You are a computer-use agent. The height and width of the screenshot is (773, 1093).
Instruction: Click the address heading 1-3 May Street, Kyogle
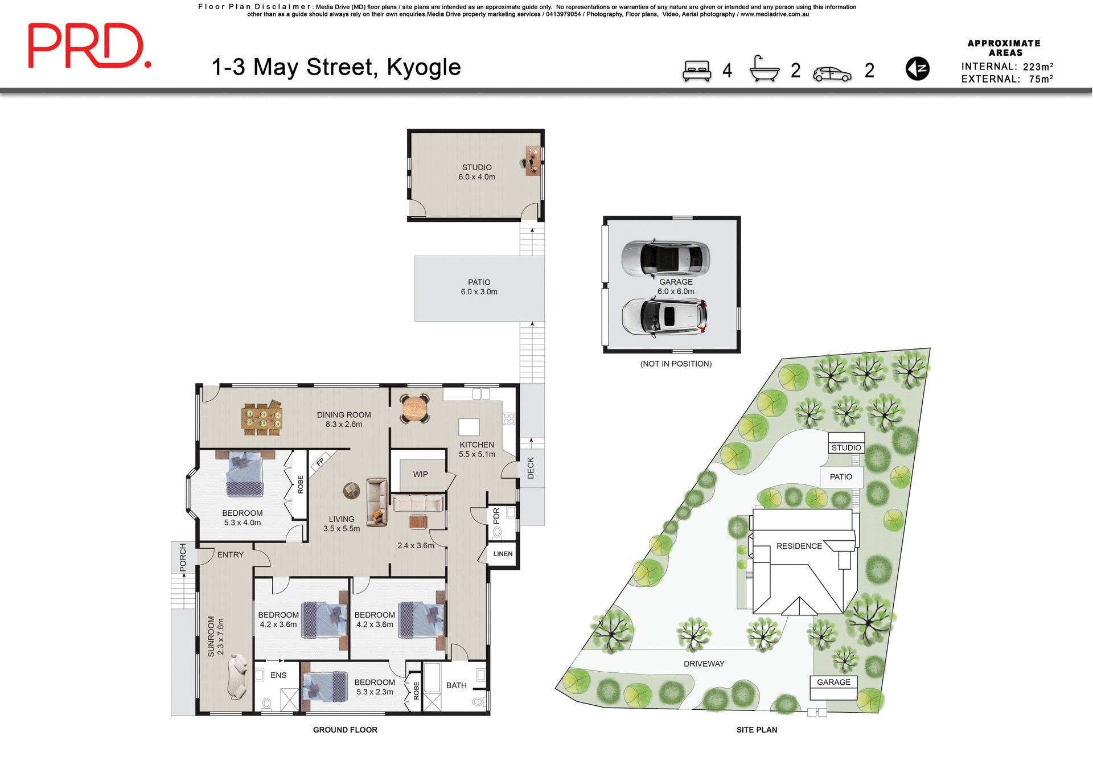click(336, 67)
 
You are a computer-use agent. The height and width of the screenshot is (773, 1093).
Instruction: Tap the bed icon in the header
click(697, 71)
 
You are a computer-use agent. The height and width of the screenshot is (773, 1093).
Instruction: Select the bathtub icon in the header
click(764, 69)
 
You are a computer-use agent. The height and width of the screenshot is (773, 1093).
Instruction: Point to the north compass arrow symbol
click(917, 69)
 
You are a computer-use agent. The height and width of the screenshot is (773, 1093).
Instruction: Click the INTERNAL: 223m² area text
click(1006, 67)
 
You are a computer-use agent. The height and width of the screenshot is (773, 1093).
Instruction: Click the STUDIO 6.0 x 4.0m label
click(477, 172)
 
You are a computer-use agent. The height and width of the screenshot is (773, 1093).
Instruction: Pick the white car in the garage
click(664, 316)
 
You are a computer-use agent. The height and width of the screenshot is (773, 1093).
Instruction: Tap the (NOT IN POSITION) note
click(676, 364)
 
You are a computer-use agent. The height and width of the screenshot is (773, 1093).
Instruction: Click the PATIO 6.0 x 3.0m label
click(479, 287)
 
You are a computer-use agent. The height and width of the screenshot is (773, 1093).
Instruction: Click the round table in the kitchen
click(414, 409)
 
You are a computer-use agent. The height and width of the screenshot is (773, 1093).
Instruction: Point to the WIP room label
click(420, 474)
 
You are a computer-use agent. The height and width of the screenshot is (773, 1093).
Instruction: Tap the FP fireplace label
click(320, 462)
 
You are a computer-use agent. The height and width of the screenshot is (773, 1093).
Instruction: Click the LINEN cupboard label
click(503, 554)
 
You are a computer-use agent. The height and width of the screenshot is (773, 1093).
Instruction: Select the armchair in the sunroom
click(238, 676)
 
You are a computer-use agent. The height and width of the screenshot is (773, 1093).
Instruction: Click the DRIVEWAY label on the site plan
click(704, 664)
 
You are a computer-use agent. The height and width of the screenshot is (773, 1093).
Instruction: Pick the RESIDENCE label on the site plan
click(799, 546)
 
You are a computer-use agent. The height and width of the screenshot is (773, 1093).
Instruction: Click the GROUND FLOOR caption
click(345, 730)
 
